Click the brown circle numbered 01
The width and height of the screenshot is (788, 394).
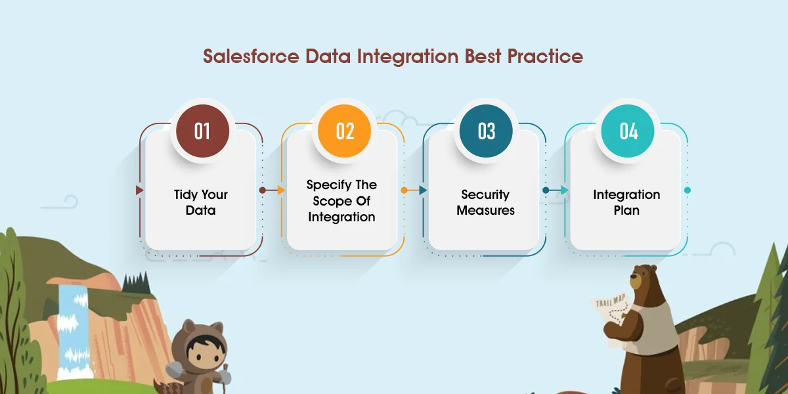click(x=201, y=131)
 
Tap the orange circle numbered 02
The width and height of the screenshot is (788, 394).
click(x=345, y=131)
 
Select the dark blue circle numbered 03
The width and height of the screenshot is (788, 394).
click(x=487, y=131)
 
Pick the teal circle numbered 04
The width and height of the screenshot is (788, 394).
click(x=628, y=131)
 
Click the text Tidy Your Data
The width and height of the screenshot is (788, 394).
click(x=201, y=202)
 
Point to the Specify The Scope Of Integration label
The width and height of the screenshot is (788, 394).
click(x=342, y=200)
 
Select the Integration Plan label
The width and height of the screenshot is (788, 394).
click(x=626, y=202)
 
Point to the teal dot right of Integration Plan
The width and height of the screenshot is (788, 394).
click(x=688, y=190)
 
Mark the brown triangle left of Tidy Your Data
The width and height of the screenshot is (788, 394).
click(x=139, y=190)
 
